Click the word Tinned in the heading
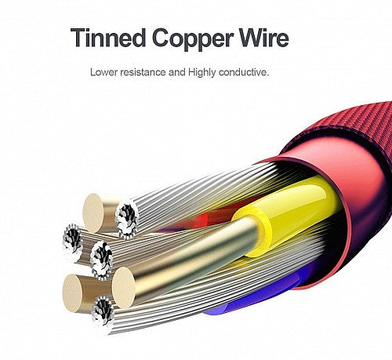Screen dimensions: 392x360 tap(108, 38)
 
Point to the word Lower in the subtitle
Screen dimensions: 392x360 tap(103, 72)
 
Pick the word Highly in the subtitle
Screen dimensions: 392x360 tap(202, 73)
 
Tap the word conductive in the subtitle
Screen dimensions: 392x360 tap(244, 72)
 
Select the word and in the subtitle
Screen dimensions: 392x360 tap(177, 72)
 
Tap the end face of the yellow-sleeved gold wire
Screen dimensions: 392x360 tap(124, 287)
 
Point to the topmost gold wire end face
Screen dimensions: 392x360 tap(94, 213)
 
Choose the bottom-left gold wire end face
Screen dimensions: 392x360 tap(73, 293)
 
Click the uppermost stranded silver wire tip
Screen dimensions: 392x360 tap(127, 219)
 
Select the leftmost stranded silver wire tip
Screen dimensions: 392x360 tap(73, 243)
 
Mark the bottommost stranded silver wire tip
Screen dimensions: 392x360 tap(103, 315)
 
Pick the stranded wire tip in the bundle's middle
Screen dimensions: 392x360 tap(102, 260)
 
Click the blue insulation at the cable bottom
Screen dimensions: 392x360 tap(261, 296)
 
